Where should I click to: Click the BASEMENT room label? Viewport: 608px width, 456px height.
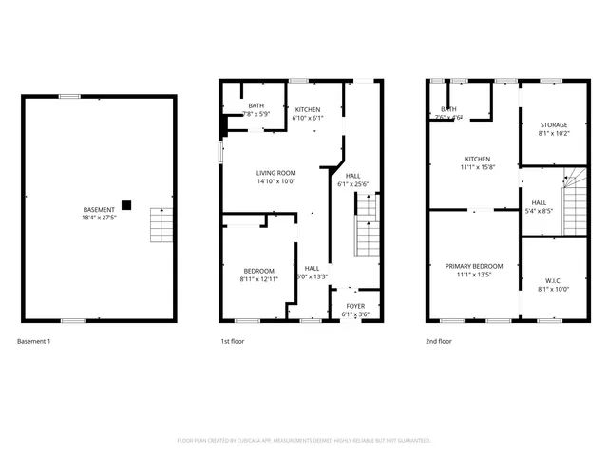coord(99,209)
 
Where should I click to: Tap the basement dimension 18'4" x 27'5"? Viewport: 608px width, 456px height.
coord(99,218)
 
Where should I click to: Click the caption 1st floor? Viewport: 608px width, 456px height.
coord(233,341)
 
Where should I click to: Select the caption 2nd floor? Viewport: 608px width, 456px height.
coord(439,341)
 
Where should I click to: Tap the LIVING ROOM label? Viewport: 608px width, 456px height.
coord(275,173)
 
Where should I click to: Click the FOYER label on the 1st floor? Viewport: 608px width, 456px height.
coord(354,306)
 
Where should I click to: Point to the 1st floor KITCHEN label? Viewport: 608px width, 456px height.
coord(307,110)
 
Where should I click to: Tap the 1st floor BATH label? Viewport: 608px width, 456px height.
coord(256,106)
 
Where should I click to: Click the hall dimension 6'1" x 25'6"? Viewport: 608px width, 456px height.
coord(352,184)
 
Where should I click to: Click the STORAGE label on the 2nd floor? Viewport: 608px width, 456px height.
coord(554,125)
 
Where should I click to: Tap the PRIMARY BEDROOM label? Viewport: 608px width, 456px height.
coord(474,266)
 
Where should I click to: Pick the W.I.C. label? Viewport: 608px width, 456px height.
coord(554,280)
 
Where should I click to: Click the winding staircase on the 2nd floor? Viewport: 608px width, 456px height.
coord(575,199)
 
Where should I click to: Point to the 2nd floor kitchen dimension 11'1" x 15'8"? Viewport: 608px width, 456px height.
coord(477,167)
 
